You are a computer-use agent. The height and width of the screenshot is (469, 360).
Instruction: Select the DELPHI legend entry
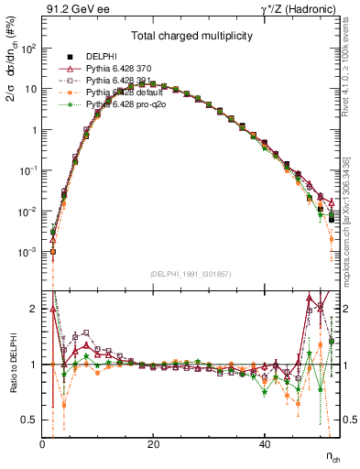tap(101, 56)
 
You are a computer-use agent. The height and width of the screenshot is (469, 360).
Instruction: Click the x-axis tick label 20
tap(153, 444)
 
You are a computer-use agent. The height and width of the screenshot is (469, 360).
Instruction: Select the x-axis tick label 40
tap(264, 444)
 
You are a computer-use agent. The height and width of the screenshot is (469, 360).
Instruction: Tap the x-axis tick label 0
tap(42, 444)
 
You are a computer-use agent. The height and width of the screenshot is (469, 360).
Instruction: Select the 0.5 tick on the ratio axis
tap(29, 420)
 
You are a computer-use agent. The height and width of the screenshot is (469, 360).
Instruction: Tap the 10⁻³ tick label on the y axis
tap(27, 252)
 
